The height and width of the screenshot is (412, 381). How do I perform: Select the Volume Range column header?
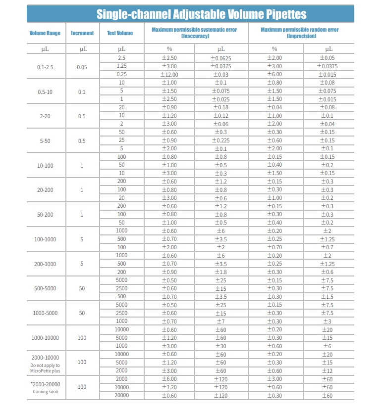[45, 33]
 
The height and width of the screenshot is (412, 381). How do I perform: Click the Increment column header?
[82, 33]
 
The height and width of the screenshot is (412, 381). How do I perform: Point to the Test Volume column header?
[120, 33]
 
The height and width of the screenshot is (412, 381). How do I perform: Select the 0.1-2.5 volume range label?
[46, 66]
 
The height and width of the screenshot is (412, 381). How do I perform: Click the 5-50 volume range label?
[45, 141]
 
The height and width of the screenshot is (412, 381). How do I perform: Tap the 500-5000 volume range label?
[45, 288]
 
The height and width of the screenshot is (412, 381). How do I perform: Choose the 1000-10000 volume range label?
[45, 338]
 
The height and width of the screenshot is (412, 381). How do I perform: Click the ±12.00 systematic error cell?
[169, 75]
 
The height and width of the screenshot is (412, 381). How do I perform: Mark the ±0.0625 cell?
[221, 58]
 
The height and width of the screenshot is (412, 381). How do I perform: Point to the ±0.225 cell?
[221, 140]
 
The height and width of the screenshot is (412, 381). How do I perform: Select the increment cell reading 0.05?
[82, 66]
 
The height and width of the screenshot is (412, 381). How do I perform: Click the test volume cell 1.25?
[121, 66]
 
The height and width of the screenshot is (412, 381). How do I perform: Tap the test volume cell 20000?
[121, 395]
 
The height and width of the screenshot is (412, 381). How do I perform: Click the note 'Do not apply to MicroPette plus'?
[45, 368]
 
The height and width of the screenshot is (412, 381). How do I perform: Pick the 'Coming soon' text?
[45, 392]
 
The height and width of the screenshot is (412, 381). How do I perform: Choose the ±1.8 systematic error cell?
[221, 272]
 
